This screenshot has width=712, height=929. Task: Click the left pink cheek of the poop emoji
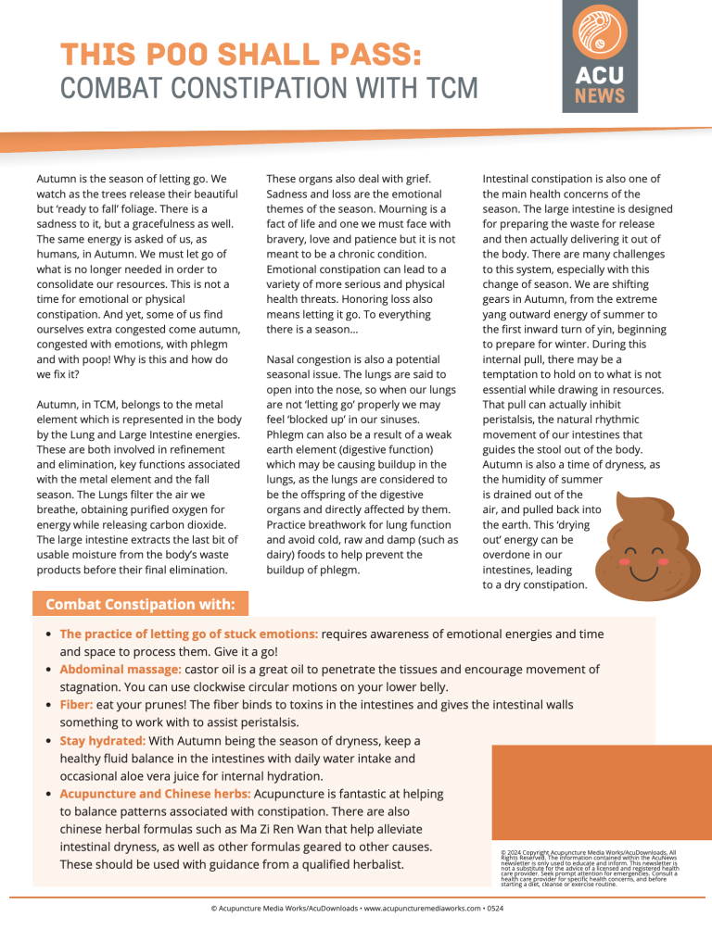[x=599, y=561]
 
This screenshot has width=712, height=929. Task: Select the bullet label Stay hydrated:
[x=102, y=740]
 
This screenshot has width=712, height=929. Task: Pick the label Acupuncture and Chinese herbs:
[x=155, y=794]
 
